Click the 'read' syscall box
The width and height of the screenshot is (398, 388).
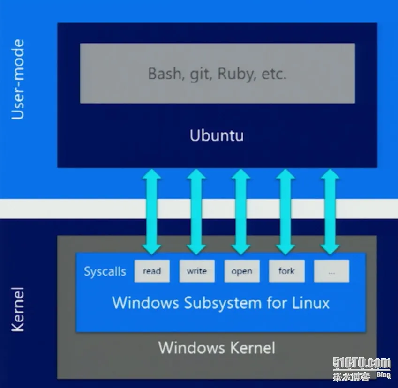pos(152,271)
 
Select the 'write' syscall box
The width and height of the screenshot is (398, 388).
pos(197,271)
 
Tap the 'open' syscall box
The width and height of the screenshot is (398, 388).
pos(242,271)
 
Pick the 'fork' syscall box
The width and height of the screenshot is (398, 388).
pos(287,271)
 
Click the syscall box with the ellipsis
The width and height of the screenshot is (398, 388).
pos(331,271)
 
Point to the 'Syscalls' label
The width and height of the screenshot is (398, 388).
pos(105,271)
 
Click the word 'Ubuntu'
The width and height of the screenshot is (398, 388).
pos(217,135)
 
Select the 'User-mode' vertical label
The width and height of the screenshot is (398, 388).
pos(18,79)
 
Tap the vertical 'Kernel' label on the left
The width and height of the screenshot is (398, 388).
pos(18,309)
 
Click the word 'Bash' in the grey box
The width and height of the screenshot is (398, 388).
pos(165,74)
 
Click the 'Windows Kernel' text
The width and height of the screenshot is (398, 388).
pos(217,347)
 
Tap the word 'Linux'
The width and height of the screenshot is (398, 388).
pos(310,303)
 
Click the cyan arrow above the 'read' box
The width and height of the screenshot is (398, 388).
pos(152,212)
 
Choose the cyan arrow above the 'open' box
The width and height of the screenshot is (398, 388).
pos(241,212)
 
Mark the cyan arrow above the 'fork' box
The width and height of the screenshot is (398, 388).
pos(285,212)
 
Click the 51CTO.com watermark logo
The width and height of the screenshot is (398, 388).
pos(362,368)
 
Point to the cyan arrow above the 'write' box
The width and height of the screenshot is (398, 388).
pos(196,212)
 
